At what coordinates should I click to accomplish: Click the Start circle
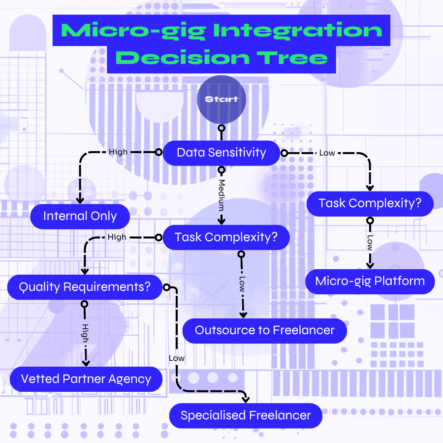[221, 99]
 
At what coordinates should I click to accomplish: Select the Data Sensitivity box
[221, 153]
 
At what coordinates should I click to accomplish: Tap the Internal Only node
[80, 216]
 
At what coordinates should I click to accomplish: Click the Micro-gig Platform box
[370, 282]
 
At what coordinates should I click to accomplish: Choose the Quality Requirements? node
[85, 286]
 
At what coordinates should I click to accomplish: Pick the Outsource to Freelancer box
[264, 330]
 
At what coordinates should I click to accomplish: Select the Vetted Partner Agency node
[86, 379]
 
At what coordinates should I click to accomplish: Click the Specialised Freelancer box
[246, 415]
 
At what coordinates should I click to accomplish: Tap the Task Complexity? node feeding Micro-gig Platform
[370, 203]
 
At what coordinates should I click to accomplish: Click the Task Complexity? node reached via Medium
[226, 237]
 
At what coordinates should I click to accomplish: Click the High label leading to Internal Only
[118, 152]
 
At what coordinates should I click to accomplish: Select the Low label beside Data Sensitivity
[327, 153]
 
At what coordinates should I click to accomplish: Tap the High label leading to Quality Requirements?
[117, 237]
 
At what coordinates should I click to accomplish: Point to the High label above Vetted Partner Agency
[85, 334]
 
